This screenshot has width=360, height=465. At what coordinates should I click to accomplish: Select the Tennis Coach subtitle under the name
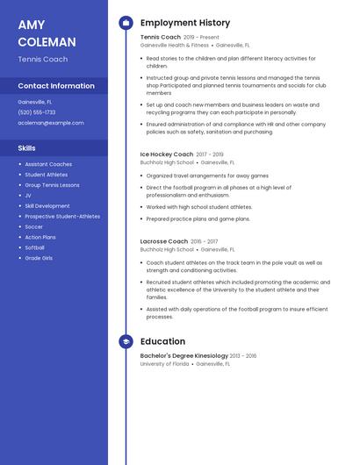[42, 60]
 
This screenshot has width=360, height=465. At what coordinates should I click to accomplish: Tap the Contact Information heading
[56, 86]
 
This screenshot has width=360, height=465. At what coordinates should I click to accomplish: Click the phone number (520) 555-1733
[36, 112]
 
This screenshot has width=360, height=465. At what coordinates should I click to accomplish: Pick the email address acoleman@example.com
[51, 123]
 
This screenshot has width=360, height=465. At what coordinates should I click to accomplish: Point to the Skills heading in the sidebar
[26, 147]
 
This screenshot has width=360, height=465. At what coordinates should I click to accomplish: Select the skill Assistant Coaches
[48, 164]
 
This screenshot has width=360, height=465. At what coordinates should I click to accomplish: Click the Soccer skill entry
[34, 226]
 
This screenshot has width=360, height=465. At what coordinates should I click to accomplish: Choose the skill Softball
[36, 247]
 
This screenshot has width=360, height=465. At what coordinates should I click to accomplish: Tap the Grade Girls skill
[39, 258]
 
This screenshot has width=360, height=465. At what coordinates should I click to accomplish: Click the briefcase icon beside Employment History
[125, 23]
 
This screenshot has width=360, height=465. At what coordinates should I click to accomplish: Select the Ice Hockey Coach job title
[167, 154]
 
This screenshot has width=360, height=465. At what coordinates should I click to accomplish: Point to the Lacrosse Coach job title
[164, 241]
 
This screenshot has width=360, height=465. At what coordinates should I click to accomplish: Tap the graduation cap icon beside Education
[125, 341]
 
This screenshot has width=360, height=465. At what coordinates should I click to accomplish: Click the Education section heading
[162, 341]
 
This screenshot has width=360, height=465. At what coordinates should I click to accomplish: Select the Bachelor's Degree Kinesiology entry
[184, 356]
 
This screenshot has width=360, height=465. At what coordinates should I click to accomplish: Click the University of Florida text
[164, 363]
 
